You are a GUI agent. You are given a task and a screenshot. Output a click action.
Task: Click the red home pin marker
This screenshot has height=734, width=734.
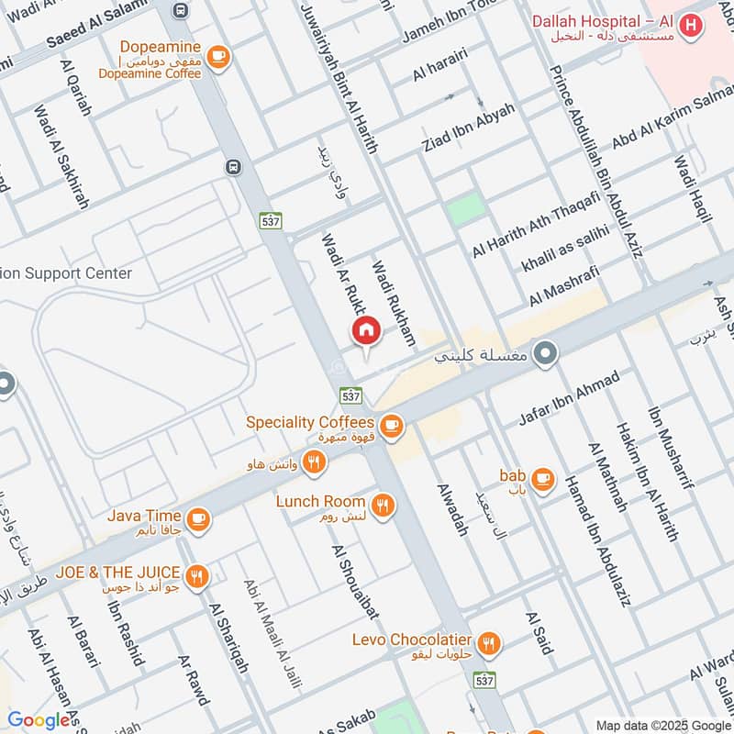[x=365, y=331]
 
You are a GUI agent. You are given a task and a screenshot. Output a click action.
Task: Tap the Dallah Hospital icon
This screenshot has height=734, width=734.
[x=692, y=26]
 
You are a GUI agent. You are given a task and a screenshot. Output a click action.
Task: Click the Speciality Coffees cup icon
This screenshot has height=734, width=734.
[x=392, y=424]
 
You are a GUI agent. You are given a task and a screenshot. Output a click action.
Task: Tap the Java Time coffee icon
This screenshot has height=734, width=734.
[x=197, y=521]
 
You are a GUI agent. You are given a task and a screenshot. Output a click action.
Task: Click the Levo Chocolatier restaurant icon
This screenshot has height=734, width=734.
[x=489, y=644]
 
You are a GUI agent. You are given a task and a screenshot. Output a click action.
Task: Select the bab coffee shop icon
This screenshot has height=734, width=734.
[x=542, y=478]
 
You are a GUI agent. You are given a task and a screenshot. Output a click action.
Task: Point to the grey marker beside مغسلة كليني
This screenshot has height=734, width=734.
[x=547, y=352]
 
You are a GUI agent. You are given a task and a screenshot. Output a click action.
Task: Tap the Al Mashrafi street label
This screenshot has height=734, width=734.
[x=564, y=286]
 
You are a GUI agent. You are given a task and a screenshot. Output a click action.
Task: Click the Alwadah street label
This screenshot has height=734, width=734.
[x=452, y=510]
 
